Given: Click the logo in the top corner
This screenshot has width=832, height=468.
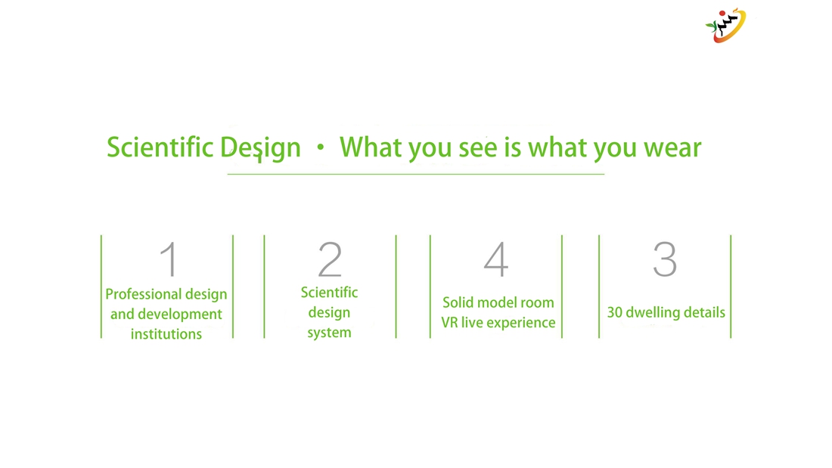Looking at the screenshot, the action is pyautogui.click(x=725, y=25).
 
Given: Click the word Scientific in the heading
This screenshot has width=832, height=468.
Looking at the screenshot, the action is pyautogui.click(x=160, y=147).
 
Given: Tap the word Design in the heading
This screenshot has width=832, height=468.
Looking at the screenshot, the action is pyautogui.click(x=260, y=148).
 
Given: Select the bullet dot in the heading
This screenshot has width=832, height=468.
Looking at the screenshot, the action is pyautogui.click(x=320, y=147).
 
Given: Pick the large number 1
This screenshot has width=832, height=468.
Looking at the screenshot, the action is pyautogui.click(x=169, y=259).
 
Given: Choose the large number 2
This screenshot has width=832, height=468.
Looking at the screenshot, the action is pyautogui.click(x=330, y=259).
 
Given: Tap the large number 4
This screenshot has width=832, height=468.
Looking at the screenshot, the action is pyautogui.click(x=496, y=259).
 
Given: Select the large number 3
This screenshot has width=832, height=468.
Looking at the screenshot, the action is pyautogui.click(x=665, y=259).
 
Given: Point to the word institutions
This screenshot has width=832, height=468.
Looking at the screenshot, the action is pyautogui.click(x=166, y=333).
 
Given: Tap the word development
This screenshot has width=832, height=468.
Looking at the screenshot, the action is pyautogui.click(x=180, y=314).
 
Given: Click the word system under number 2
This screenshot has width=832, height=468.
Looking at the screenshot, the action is pyautogui.click(x=329, y=333).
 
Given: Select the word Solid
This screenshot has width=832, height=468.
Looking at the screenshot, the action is pyautogui.click(x=458, y=302).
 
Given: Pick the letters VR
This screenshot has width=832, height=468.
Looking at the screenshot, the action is pyautogui.click(x=449, y=323).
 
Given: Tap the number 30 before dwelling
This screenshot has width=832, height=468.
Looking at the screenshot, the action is pyautogui.click(x=614, y=312).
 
